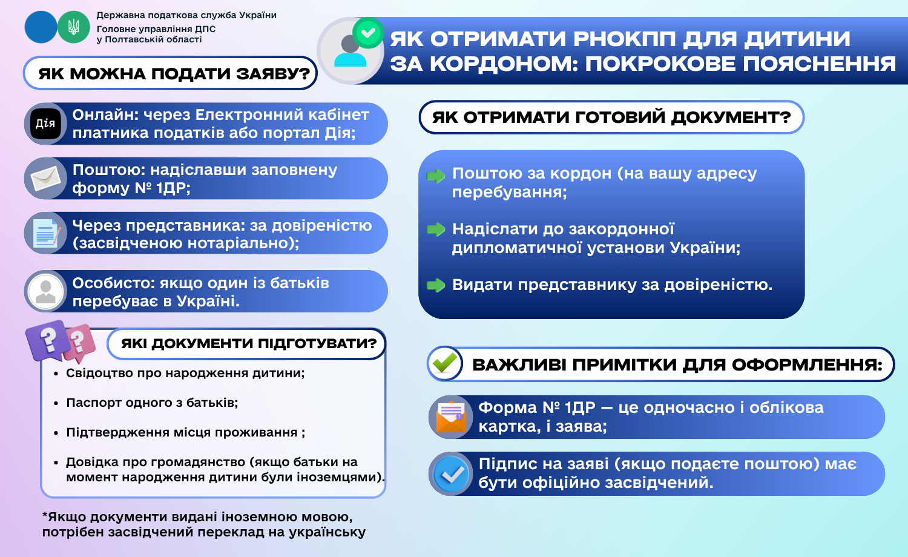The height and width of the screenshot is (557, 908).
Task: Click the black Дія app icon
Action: tap(45, 124)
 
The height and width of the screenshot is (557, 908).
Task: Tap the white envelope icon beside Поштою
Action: tap(46, 179)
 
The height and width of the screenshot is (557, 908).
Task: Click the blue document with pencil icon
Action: tap(47, 233)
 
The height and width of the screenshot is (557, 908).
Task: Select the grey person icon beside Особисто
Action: tap(46, 291)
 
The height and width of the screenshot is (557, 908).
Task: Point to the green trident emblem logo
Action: tap(73, 27)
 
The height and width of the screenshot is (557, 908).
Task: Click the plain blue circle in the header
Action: tap(41, 27)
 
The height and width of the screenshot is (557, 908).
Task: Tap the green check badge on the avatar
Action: tap(368, 33)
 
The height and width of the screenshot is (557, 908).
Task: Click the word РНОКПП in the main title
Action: tap(624, 39)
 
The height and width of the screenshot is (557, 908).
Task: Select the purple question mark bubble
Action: tap(48, 340)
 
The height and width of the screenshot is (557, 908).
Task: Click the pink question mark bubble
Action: tap(79, 341)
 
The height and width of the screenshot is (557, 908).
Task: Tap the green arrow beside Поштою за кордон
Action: tap(436, 176)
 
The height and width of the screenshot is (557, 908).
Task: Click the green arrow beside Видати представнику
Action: tap(436, 285)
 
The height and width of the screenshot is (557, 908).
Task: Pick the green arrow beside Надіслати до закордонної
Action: tap(436, 229)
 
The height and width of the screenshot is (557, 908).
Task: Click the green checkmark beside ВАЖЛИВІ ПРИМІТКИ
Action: tap(444, 363)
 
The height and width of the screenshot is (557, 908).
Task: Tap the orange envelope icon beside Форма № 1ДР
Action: tap(451, 417)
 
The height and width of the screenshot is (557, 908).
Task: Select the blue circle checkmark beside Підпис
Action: tap(451, 473)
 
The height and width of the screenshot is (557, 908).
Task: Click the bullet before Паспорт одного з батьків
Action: tap(56, 403)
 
